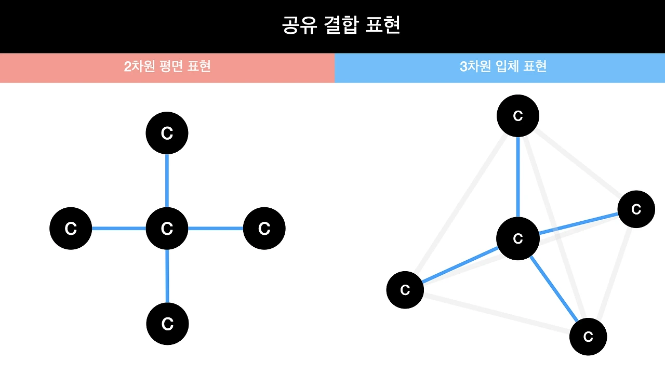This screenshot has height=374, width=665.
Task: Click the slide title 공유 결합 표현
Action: click(x=341, y=25)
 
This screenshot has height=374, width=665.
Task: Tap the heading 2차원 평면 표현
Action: click(x=167, y=66)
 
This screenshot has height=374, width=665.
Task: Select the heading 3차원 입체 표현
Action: click(x=503, y=66)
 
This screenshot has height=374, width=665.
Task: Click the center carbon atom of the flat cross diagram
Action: click(x=167, y=228)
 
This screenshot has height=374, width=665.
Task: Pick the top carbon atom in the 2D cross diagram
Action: click(x=167, y=133)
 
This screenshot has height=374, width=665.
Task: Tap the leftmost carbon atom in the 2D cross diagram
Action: click(x=71, y=228)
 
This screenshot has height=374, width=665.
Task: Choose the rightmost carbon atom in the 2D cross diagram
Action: click(x=264, y=228)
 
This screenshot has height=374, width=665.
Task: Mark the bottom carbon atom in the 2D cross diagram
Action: click(x=167, y=324)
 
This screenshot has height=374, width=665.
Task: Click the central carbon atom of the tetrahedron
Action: click(x=517, y=238)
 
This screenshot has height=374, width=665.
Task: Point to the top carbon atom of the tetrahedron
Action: click(x=517, y=116)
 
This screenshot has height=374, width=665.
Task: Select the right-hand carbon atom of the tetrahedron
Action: click(x=636, y=209)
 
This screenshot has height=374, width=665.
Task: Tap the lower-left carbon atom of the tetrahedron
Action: click(x=405, y=290)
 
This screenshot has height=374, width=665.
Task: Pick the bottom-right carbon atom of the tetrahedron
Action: click(x=588, y=337)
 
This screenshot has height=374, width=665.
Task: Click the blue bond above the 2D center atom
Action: click(x=167, y=181)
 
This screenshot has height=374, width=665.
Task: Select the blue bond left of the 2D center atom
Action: click(x=118, y=228)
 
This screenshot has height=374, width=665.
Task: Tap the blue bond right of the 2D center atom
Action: click(x=216, y=228)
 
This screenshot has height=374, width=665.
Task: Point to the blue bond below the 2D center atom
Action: click(x=167, y=276)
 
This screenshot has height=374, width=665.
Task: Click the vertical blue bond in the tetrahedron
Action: click(x=517, y=177)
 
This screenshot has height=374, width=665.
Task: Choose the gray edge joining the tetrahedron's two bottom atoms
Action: click(x=496, y=313)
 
